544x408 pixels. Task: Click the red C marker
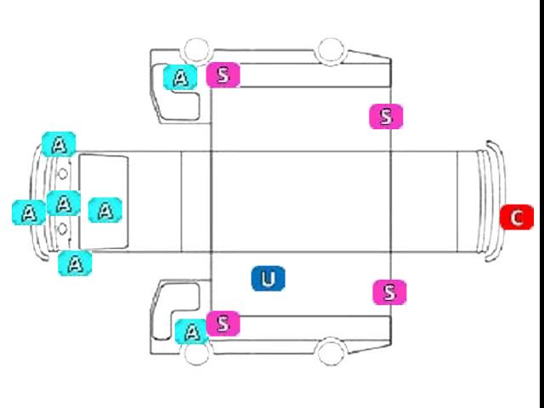click(x=517, y=218)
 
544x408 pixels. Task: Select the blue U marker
click(x=269, y=279)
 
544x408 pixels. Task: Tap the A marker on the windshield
click(x=105, y=210)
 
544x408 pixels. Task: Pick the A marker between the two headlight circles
click(x=64, y=203)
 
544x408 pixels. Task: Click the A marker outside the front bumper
click(x=29, y=212)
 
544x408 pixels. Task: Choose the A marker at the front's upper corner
click(x=59, y=144)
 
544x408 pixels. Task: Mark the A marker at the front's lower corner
click(x=75, y=263)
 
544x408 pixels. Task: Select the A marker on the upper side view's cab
click(x=180, y=77)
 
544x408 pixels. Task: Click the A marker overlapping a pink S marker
click(x=191, y=332)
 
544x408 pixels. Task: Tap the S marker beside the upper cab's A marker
click(x=223, y=75)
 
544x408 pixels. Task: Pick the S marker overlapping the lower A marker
click(x=223, y=323)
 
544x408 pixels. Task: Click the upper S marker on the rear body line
click(x=386, y=116)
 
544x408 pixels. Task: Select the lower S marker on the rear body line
click(x=389, y=292)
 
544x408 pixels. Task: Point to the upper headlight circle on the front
click(x=62, y=173)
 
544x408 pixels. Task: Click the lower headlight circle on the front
click(x=62, y=229)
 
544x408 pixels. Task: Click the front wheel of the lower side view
click(x=197, y=352)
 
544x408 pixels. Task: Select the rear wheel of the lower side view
click(x=331, y=351)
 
